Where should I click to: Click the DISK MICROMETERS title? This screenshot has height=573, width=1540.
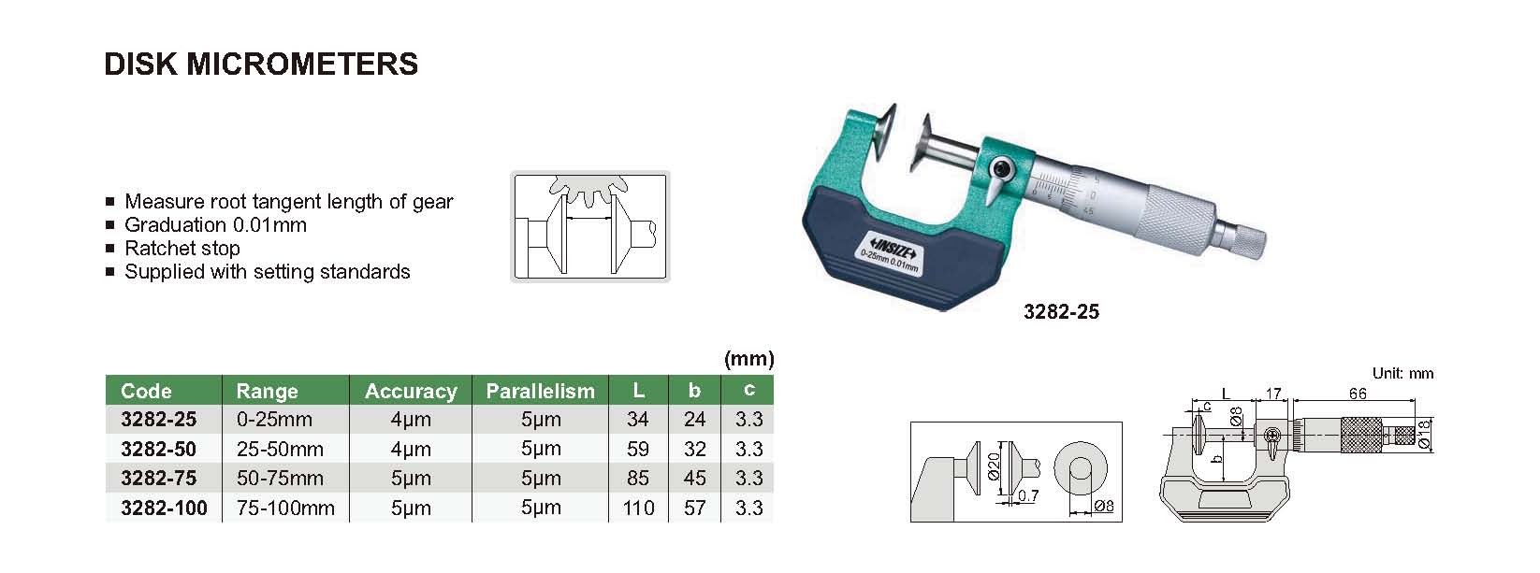[x=261, y=64]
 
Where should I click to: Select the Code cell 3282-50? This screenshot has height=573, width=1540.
[x=159, y=449]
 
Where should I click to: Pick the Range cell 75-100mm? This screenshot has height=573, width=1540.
[x=285, y=508]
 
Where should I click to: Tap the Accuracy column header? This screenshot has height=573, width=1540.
[x=411, y=391]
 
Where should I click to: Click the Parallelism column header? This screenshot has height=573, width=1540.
[x=541, y=391]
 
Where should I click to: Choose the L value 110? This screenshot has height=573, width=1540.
[x=638, y=508]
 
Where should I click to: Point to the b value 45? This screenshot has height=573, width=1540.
[x=694, y=479]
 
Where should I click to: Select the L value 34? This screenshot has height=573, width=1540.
[x=638, y=419]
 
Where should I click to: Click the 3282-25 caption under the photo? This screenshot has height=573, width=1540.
[x=1062, y=312]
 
